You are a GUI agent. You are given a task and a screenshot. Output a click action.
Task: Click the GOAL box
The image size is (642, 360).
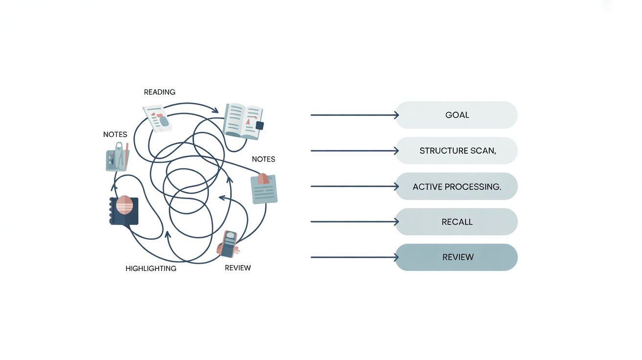[456, 115]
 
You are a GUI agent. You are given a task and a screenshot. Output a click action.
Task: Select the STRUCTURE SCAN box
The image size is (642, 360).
[456, 151]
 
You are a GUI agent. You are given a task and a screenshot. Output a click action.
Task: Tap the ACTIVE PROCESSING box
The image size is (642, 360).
[456, 186]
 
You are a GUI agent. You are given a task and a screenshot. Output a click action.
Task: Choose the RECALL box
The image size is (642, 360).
[456, 222]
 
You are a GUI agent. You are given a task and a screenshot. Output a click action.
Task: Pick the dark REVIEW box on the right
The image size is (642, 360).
[456, 257]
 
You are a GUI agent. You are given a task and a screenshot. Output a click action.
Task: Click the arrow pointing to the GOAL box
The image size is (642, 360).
[354, 115]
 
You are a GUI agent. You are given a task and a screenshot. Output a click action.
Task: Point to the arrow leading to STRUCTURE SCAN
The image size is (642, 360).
[354, 151]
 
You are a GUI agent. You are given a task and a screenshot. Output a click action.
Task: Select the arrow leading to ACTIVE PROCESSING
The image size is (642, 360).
[354, 186]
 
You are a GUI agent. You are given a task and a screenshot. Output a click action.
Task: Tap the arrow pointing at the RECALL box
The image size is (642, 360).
[354, 222]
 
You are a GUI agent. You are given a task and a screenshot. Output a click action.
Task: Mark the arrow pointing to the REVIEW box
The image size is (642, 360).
[354, 257]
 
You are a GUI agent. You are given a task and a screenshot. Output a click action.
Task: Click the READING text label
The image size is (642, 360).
[160, 92]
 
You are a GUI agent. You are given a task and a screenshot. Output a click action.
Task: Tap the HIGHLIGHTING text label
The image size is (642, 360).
[151, 269]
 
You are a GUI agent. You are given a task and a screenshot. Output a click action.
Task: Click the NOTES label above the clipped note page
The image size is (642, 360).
[263, 159]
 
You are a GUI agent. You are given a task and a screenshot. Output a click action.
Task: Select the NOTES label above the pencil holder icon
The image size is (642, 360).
[115, 134]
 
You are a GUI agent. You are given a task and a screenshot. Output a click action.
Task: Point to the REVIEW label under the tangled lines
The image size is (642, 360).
[238, 268]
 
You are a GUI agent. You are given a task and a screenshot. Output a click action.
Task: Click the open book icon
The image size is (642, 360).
[242, 119]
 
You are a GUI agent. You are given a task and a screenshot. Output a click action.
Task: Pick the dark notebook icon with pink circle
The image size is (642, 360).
[124, 210]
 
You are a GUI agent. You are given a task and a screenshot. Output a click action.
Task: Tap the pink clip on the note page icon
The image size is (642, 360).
[263, 179]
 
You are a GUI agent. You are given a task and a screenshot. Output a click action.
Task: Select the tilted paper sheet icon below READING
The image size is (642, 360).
[158, 117]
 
